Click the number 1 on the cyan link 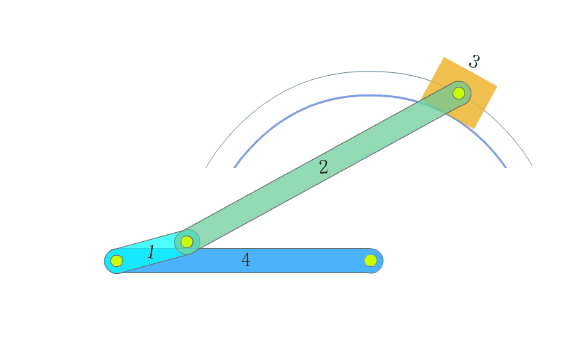point(152,252)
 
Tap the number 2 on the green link point(323,167)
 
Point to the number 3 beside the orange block point(474,62)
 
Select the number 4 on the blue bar point(245,260)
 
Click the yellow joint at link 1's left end point(117,261)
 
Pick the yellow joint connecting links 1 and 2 point(187,242)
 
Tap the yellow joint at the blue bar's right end point(371,261)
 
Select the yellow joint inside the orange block point(459,93)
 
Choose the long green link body point(323,167)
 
